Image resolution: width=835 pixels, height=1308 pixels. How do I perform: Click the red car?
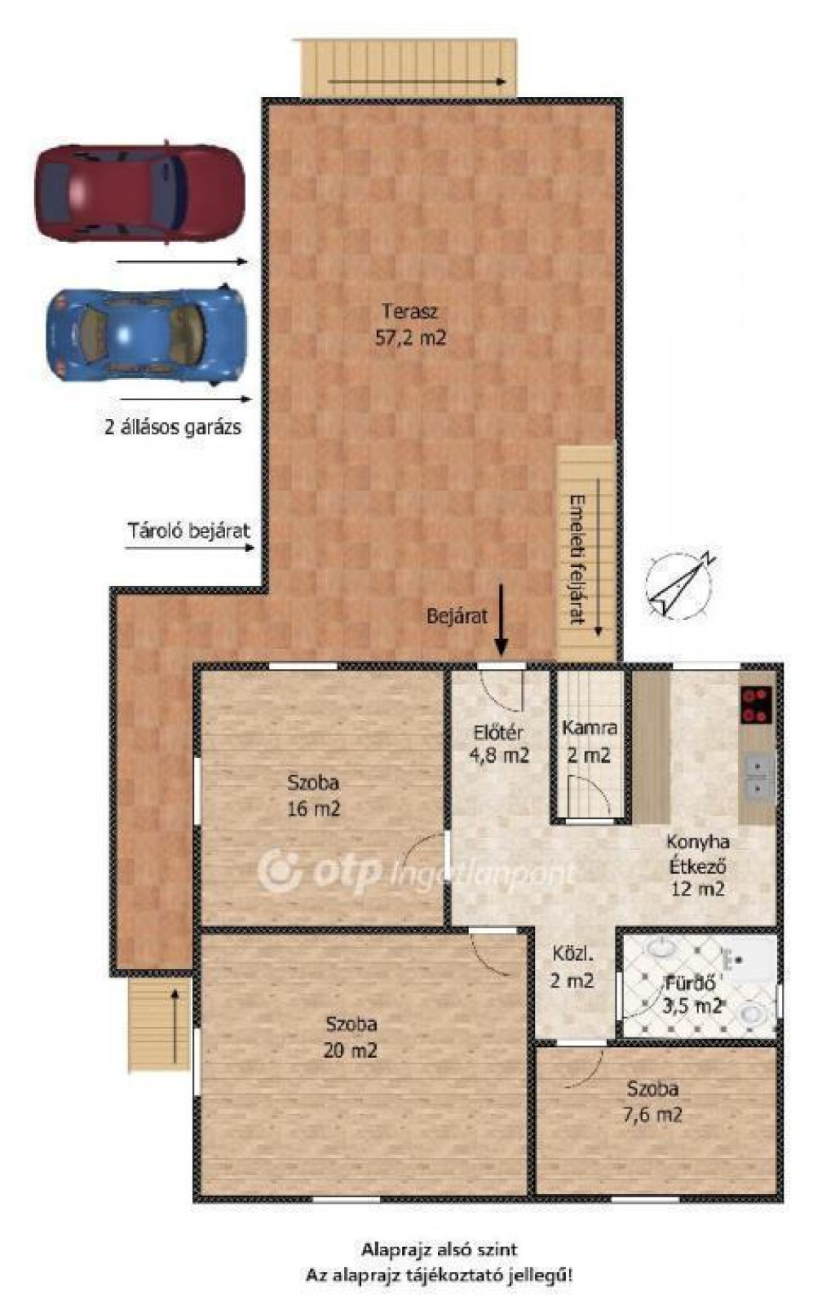tap(139, 192)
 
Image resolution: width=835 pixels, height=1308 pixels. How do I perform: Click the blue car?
tap(146, 334)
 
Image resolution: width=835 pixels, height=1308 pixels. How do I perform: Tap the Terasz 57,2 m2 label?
tap(410, 324)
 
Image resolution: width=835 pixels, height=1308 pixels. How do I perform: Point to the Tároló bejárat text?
tap(189, 531)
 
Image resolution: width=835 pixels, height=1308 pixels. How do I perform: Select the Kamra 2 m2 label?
tap(589, 742)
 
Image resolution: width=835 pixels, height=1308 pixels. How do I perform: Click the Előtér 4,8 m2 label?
tap(500, 744)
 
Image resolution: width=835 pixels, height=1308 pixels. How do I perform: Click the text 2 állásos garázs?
tap(173, 427)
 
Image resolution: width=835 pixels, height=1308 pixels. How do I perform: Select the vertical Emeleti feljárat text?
tap(577, 561)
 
